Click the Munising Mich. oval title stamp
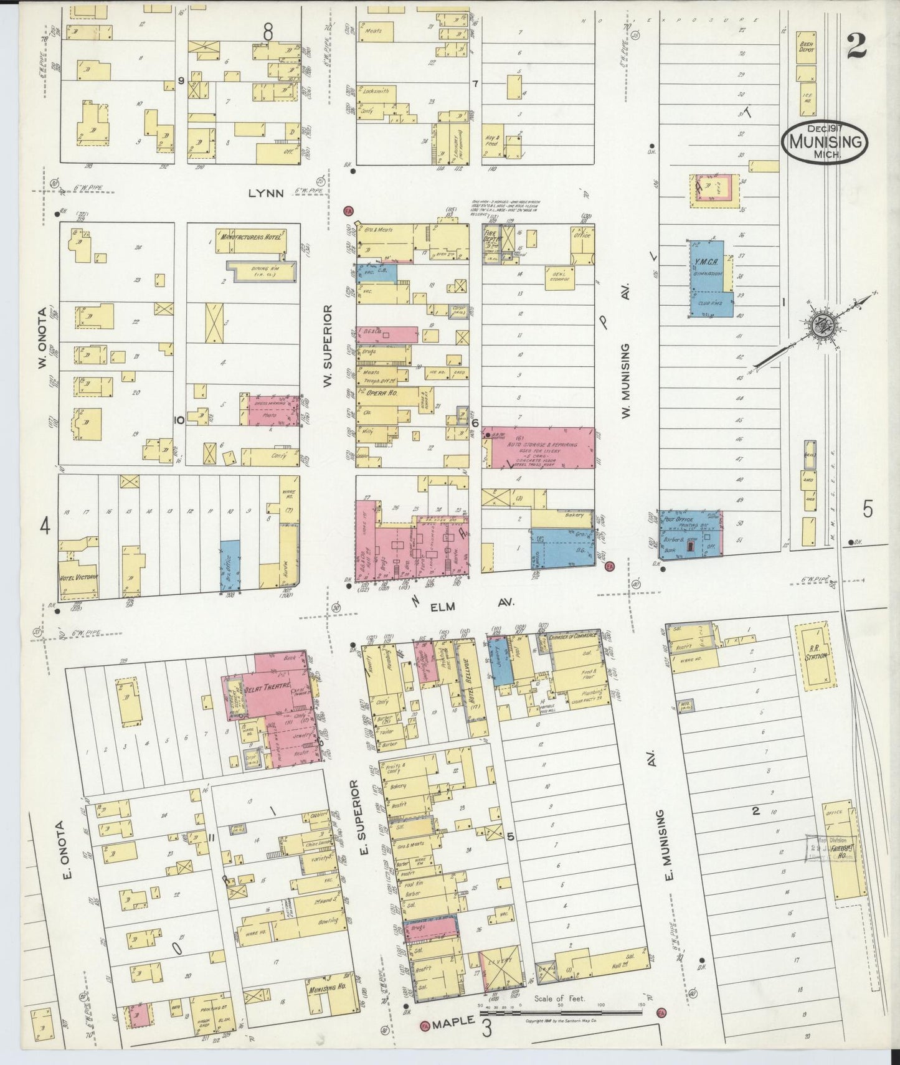(x=825, y=143)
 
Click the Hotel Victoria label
(x=78, y=577)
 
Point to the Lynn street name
(x=266, y=194)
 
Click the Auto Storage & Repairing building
(x=539, y=447)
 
